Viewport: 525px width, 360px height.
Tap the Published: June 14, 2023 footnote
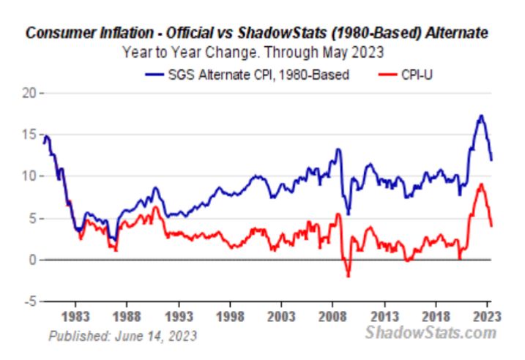122,336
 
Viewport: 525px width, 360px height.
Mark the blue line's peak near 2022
480,116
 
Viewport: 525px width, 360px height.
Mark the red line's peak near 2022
480,184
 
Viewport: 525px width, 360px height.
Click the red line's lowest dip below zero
348,276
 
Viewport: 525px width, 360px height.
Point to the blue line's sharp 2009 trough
348,214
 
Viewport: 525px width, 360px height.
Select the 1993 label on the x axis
180,319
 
